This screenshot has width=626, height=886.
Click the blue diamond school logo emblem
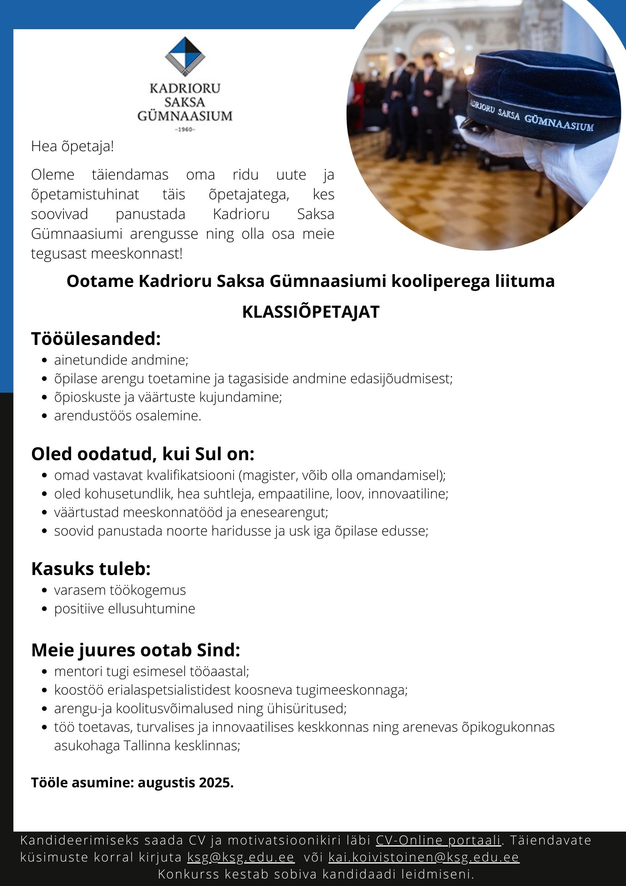(185, 56)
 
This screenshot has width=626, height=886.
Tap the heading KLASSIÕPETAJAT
(311, 312)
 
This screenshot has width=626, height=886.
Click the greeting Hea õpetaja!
(73, 146)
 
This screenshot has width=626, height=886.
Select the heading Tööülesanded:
(96, 339)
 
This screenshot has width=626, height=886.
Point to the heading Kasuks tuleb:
(91, 569)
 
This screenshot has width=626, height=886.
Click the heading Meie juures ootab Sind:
(136, 650)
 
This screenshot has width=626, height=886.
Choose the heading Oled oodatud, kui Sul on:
(142, 454)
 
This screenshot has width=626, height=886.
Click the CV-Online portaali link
(438, 840)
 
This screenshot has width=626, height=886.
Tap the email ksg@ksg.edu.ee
(241, 857)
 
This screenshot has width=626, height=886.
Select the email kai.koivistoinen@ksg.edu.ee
(424, 857)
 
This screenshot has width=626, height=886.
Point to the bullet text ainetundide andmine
(121, 360)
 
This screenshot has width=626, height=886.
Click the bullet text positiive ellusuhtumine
(125, 609)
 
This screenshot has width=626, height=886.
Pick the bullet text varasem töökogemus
(120, 590)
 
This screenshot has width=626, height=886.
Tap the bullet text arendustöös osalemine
(127, 416)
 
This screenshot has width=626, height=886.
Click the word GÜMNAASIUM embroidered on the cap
(559, 122)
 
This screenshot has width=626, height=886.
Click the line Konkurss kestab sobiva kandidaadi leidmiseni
(316, 874)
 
